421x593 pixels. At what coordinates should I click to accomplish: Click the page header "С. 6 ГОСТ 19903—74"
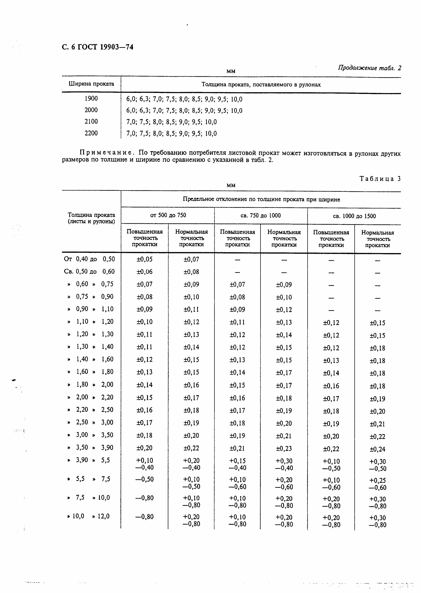pos(97,47)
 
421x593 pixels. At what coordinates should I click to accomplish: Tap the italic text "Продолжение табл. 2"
pos(369,68)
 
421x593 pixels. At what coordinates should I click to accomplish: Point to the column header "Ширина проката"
pos(91,84)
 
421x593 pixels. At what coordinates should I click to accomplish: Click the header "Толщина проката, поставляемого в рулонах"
pos(261,85)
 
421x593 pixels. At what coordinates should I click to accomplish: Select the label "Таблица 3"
pos(380,179)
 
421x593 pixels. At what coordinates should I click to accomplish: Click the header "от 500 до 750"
pos(168,215)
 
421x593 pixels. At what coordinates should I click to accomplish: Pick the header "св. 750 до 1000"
pos(261,215)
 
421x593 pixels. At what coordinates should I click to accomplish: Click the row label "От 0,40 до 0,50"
pos(89,259)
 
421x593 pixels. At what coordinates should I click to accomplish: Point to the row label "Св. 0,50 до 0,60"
pos(89,271)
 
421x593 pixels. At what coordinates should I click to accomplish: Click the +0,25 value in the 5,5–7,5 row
pos(377,480)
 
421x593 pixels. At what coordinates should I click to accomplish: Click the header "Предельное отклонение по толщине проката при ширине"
pos(261,199)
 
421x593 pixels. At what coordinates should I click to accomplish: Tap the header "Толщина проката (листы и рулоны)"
pos(91,218)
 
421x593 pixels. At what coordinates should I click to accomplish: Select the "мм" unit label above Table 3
pos(231,185)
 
